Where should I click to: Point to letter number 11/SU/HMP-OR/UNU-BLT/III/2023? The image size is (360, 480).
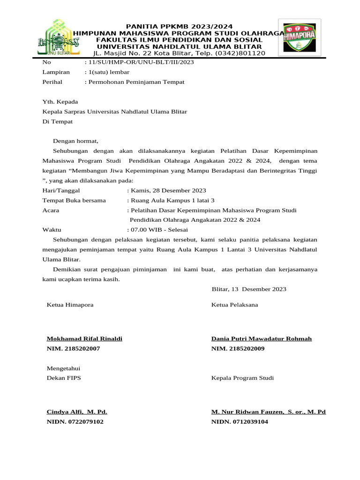point(139,62)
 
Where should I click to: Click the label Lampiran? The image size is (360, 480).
point(56,72)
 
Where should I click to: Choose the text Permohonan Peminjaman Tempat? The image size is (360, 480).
point(136,82)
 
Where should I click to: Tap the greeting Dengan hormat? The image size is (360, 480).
point(76,141)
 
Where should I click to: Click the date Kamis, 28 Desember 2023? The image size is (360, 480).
point(168,190)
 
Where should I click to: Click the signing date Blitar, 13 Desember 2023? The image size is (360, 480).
point(249,289)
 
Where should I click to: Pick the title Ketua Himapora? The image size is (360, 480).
point(70,305)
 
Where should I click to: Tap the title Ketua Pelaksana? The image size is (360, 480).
point(234,305)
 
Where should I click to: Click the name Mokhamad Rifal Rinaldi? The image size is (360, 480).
point(84,339)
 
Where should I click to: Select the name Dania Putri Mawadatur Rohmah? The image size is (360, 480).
point(262,339)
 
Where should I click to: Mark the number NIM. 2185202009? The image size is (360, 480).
point(238,349)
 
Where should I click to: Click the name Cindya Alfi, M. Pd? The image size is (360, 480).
point(77,412)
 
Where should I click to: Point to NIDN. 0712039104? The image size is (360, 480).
point(240,422)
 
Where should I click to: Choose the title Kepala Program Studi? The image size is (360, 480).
point(242,378)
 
